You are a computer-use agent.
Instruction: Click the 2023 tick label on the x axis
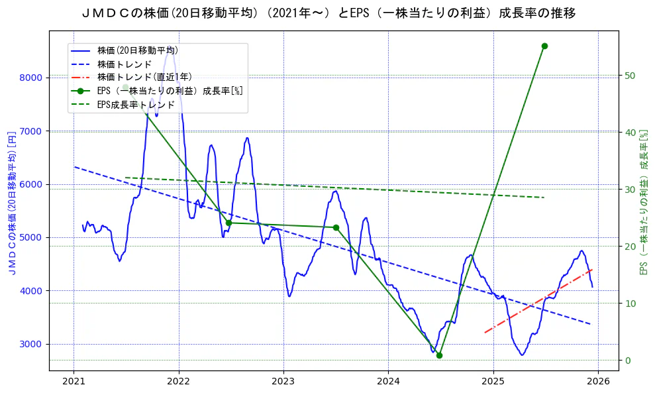coord(283,381)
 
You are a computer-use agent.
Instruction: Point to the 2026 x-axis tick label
coord(598,381)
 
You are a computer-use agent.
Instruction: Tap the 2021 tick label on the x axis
coord(74,381)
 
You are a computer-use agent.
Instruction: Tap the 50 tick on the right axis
coord(630,76)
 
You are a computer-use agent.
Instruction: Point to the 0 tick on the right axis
coord(627,361)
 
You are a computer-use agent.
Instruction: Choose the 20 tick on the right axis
coord(630,247)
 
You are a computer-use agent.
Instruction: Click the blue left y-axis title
coord(11,202)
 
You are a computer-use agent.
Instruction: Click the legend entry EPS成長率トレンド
coord(135,105)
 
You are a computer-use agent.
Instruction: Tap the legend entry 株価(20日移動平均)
coord(137,50)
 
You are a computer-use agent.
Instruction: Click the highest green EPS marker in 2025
coord(544,46)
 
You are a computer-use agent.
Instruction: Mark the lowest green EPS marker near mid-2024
coord(439,355)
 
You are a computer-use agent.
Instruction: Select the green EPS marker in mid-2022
coord(228,223)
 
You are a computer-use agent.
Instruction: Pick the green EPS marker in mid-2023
coord(336,227)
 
